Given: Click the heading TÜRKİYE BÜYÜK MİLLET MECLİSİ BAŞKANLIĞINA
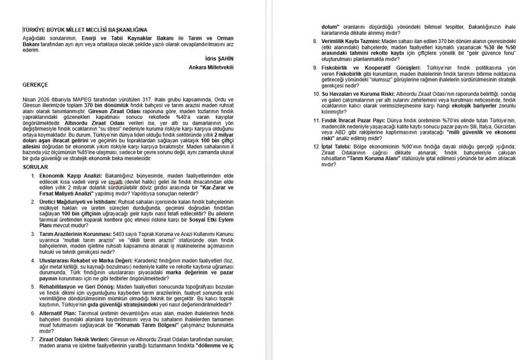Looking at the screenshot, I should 85,30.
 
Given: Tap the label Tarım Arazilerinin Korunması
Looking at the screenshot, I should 75,234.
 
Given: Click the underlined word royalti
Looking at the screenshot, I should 116,181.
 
